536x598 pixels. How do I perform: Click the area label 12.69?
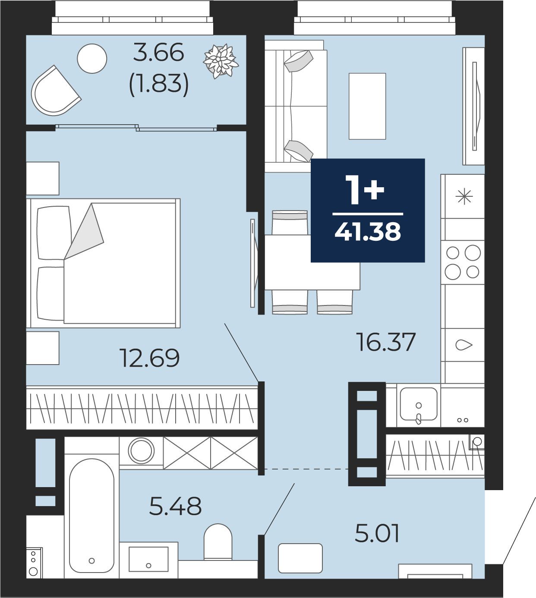click(149, 358)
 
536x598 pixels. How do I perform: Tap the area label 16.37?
click(386, 342)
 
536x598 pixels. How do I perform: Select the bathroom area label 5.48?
click(175, 506)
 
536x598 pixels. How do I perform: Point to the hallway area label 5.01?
click(377, 533)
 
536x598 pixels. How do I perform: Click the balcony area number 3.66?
click(158, 52)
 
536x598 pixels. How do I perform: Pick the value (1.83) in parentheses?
click(159, 85)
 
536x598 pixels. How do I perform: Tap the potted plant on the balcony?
click(221, 61)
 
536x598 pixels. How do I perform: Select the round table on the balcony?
click(92, 58)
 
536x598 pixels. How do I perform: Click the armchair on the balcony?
click(55, 91)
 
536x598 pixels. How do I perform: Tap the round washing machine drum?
click(141, 451)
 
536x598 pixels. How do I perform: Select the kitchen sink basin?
click(419, 404)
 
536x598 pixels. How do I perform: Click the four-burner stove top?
click(463, 262)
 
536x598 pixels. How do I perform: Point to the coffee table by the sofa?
click(367, 106)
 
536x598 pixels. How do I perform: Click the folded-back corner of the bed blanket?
click(84, 231)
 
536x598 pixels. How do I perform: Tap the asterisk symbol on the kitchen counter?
click(464, 197)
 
